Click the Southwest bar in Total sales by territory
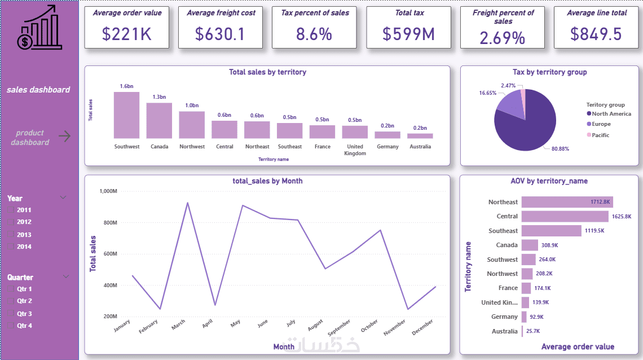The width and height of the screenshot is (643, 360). point(126,116)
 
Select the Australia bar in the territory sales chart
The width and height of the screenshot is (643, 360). point(420,136)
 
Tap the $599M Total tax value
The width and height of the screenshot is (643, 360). point(408,34)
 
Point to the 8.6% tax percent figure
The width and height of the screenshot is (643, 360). point(314,34)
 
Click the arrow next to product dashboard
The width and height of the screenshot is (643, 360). point(65,136)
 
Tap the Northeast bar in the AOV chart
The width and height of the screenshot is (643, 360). point(567,202)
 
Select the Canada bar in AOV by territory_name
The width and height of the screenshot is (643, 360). point(530,245)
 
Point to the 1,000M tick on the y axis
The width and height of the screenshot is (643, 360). point(107,191)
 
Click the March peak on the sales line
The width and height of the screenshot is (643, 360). point(187,203)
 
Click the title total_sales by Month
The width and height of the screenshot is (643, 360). point(267,181)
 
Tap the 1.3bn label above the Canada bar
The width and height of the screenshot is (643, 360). point(159,97)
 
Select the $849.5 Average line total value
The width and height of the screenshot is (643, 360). point(596,34)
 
